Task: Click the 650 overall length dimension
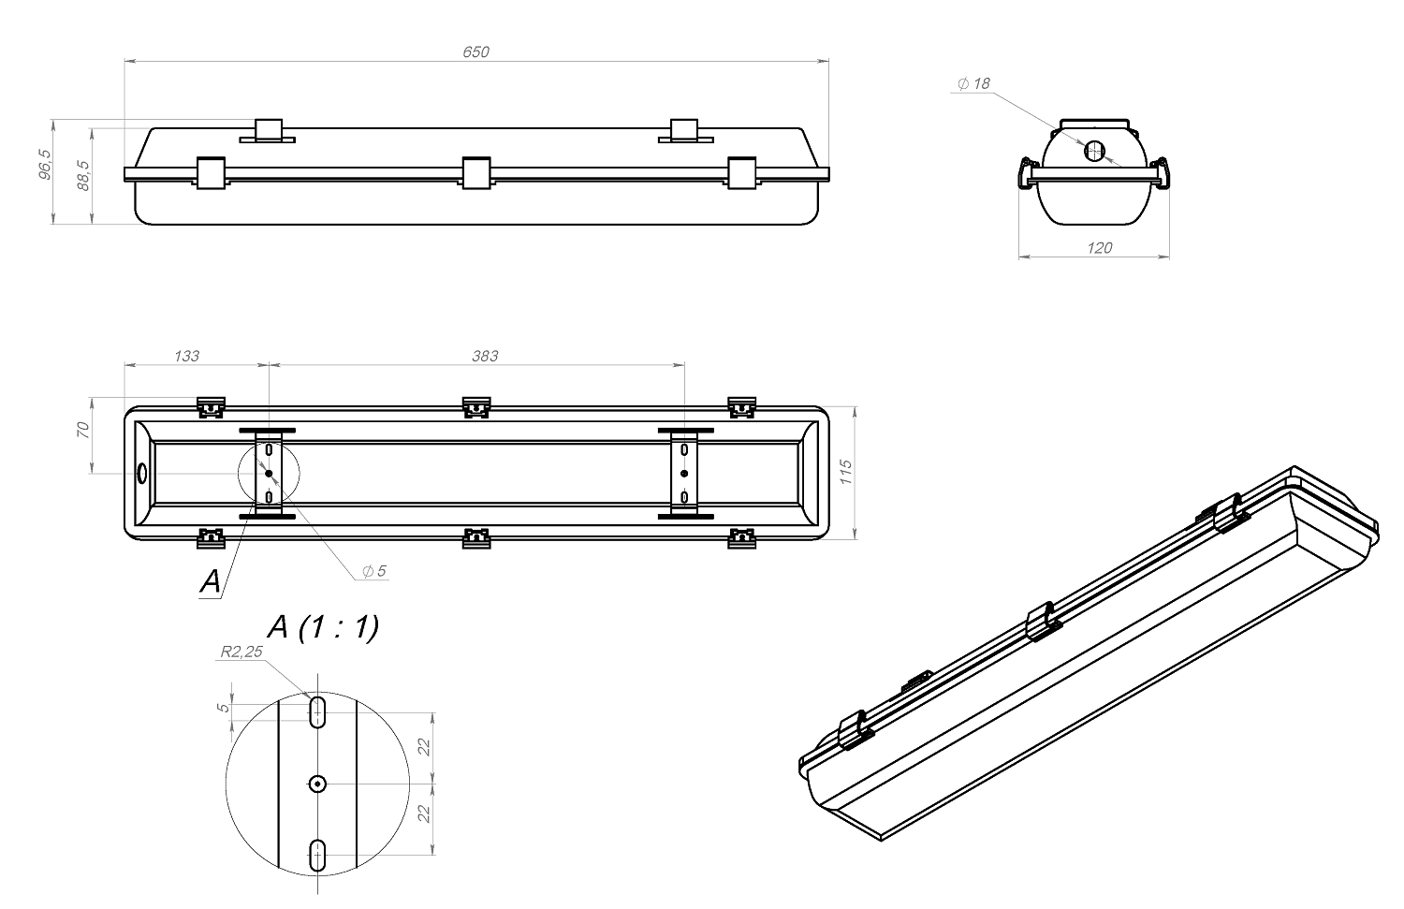pyautogui.click(x=475, y=52)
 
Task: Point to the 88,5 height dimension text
pyautogui.click(x=83, y=175)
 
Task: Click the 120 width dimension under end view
pyautogui.click(x=1100, y=247)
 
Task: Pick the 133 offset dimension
pyautogui.click(x=186, y=356)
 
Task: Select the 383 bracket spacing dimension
pyautogui.click(x=485, y=356)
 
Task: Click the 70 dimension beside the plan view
pyautogui.click(x=82, y=430)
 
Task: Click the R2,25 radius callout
pyautogui.click(x=241, y=652)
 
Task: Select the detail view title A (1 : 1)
pyautogui.click(x=323, y=627)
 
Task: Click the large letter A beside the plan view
pyautogui.click(x=211, y=581)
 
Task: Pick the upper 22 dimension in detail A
pyautogui.click(x=424, y=747)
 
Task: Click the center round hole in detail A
pyautogui.click(x=318, y=783)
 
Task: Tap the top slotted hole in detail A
pyautogui.click(x=318, y=711)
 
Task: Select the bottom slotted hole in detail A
pyautogui.click(x=318, y=854)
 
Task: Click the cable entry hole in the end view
pyautogui.click(x=1094, y=151)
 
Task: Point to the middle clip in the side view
pyautogui.click(x=476, y=172)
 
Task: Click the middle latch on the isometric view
pyautogui.click(x=1044, y=621)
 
